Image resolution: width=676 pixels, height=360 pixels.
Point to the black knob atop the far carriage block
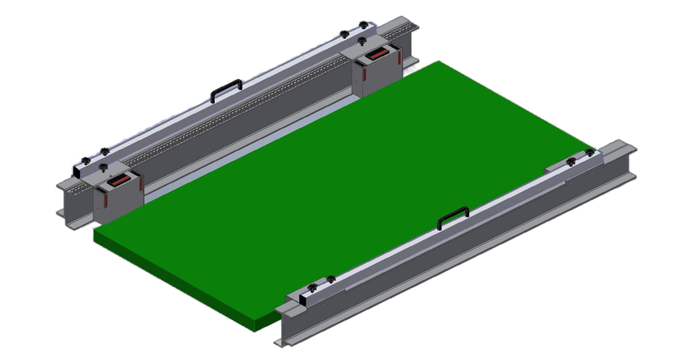363,41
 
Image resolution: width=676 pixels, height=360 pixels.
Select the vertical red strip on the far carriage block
399,59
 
